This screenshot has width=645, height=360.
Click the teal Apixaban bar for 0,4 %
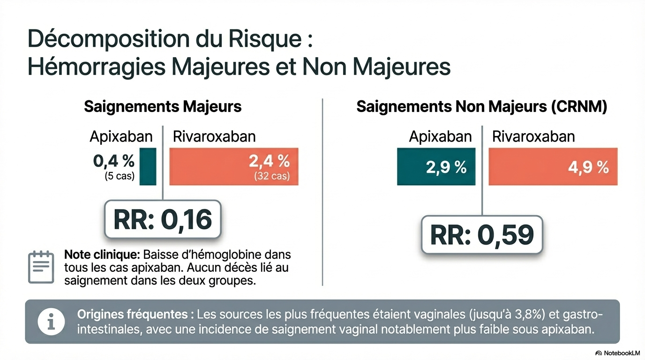tap(148, 166)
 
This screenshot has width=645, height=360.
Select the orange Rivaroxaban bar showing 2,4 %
tap(233, 166)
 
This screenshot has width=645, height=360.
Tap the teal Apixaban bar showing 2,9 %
tap(436, 166)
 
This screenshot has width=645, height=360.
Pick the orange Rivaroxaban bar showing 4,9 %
tap(553, 166)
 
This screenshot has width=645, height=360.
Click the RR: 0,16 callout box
tap(162, 219)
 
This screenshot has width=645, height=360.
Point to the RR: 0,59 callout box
tap(482, 235)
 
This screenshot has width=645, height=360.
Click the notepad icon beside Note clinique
tap(41, 267)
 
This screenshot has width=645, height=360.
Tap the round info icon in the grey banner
tap(51, 322)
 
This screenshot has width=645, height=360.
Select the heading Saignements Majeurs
tap(163, 107)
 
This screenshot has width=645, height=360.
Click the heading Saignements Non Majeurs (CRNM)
tap(482, 107)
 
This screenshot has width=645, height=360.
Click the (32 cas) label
tap(272, 177)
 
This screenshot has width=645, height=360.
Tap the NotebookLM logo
tap(617, 352)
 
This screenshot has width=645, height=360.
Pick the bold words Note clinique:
tap(102, 255)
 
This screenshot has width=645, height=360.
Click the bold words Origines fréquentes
tap(136, 314)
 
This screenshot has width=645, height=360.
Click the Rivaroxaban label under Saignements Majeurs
tap(214, 136)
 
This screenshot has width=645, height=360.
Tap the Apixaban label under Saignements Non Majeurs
tap(440, 136)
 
